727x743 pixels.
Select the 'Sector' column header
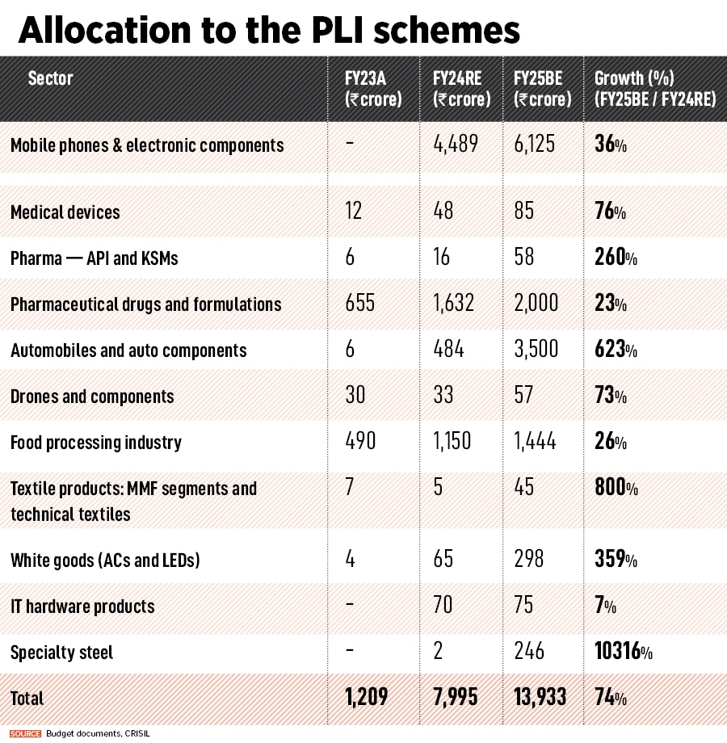tap(50, 78)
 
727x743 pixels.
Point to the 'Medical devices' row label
tap(65, 212)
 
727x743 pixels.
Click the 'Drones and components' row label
tap(92, 397)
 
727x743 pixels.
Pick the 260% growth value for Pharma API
tap(616, 258)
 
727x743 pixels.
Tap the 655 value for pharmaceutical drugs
tap(359, 304)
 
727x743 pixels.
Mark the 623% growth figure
tap(616, 351)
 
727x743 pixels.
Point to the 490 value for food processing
tap(360, 443)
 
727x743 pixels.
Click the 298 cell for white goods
tap(529, 560)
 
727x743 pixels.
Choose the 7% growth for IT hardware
tap(605, 606)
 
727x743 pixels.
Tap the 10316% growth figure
tap(628, 652)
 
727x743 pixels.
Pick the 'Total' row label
tap(27, 698)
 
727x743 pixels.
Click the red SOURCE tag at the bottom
tap(26, 733)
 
